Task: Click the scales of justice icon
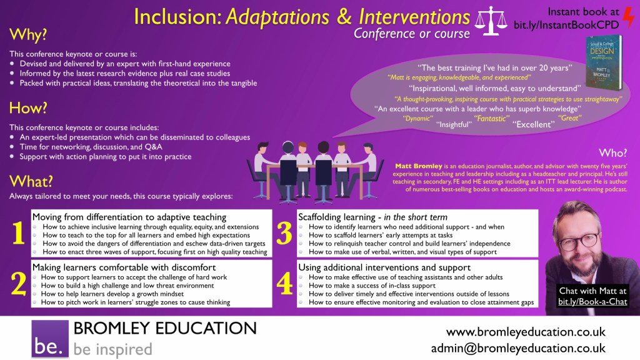click(491, 21)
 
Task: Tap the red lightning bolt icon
click(629, 18)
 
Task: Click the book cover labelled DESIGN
click(604, 62)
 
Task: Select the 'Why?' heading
click(28, 35)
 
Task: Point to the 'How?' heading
click(28, 107)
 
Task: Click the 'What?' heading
click(31, 181)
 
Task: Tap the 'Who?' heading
click(612, 153)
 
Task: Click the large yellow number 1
click(18, 233)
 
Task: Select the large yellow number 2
click(19, 283)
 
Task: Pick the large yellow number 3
click(284, 233)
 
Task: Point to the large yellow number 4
click(284, 283)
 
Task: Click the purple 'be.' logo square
click(50, 339)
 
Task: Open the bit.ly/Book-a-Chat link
click(592, 302)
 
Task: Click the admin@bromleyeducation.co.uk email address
click(518, 348)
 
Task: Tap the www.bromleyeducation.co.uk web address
click(526, 332)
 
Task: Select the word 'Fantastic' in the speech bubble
click(491, 118)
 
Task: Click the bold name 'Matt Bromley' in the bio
click(418, 166)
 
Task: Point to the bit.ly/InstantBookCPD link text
click(566, 25)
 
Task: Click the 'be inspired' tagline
click(112, 349)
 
